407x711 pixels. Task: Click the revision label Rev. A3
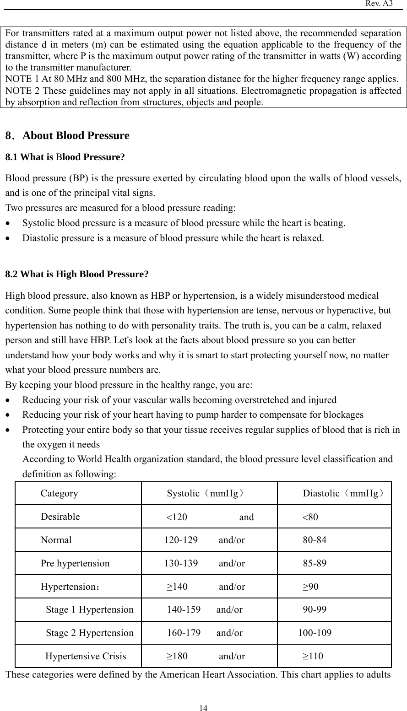(379, 4)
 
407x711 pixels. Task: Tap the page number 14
(203, 708)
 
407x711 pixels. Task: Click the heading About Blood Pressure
(76, 136)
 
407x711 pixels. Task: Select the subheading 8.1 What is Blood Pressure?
(65, 157)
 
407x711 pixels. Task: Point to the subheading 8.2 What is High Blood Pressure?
(76, 275)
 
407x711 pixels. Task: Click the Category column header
(59, 494)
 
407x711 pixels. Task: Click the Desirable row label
(60, 517)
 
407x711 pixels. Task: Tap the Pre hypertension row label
(75, 563)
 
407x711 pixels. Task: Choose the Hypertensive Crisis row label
(86, 657)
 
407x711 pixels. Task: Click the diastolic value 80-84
(315, 540)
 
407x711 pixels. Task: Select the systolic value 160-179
(184, 634)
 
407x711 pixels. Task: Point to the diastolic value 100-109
(315, 634)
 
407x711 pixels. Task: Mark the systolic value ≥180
(176, 657)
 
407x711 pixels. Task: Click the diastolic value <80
(310, 517)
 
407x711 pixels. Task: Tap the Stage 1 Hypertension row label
(90, 610)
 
